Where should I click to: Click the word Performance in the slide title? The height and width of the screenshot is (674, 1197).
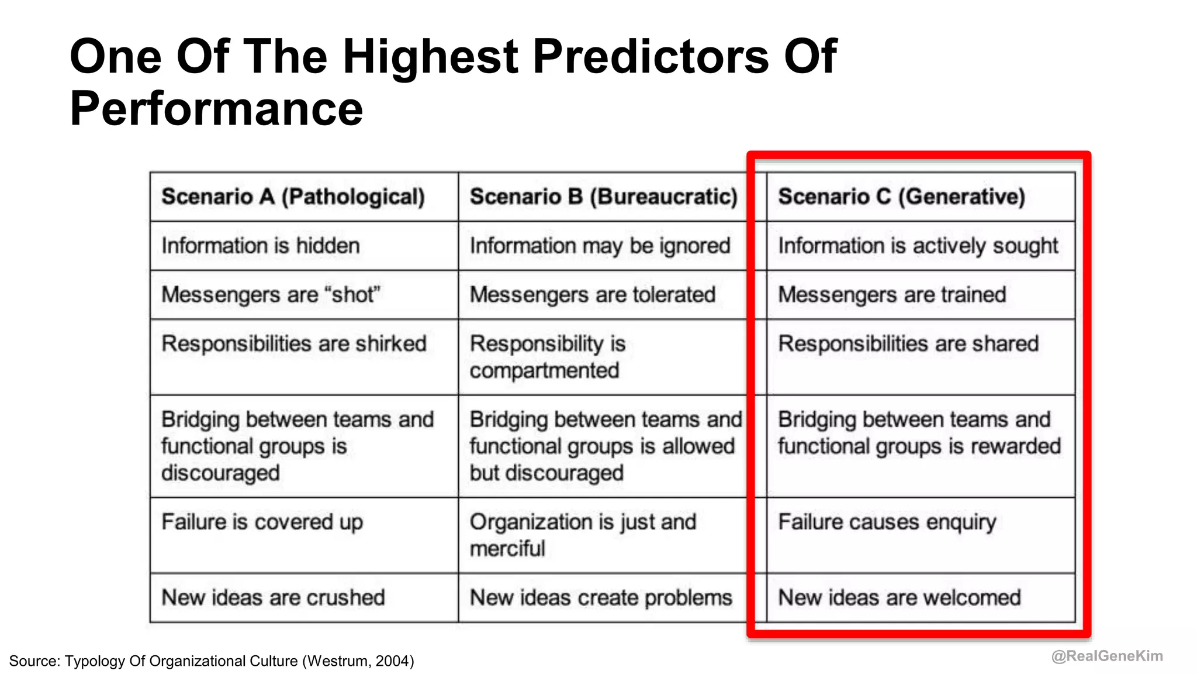tap(216, 109)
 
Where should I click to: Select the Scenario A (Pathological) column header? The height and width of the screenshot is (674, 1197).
tap(293, 197)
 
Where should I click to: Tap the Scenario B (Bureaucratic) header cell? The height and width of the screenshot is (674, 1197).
tap(603, 197)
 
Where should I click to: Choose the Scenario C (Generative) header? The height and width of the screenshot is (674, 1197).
tap(901, 197)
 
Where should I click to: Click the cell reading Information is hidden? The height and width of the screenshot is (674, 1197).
tap(261, 246)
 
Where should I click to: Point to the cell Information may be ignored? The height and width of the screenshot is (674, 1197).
tap(600, 246)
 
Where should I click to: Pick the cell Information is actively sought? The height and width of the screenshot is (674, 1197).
tap(918, 246)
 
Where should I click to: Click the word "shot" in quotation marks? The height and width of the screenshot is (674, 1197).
tap(356, 294)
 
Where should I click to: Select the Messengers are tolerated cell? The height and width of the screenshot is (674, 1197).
tap(592, 294)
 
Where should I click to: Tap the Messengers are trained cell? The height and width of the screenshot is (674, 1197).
tap(892, 294)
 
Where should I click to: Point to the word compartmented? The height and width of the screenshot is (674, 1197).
tap(544, 370)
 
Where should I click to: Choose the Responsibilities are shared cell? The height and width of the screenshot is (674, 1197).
tap(908, 343)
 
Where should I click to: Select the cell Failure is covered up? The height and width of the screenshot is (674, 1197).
tap(262, 522)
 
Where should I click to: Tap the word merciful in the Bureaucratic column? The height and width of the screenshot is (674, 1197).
tap(507, 549)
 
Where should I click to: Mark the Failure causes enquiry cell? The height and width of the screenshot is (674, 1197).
tap(887, 522)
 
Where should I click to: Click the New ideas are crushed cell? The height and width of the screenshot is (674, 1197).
tap(273, 597)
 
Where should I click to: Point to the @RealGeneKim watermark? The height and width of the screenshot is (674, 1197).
tap(1106, 656)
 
